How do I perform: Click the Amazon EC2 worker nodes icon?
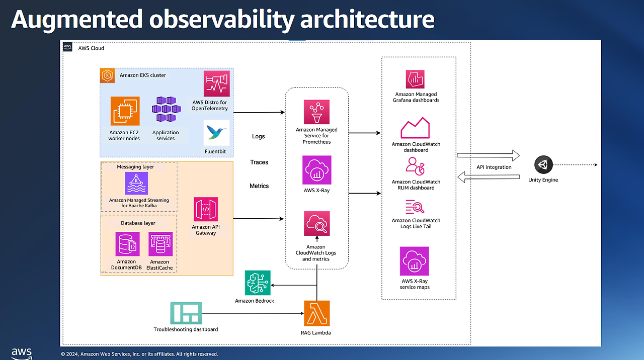125,111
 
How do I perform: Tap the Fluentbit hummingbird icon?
217,133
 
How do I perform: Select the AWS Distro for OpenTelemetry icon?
217,83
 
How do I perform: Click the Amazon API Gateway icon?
206,209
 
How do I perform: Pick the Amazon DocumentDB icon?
127,245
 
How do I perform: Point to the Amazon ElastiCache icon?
160,245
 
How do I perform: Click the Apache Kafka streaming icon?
136,183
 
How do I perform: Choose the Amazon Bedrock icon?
258,283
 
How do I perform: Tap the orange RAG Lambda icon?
317,314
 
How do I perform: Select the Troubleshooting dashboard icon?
186,313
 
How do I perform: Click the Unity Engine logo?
543,164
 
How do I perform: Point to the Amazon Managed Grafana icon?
416,79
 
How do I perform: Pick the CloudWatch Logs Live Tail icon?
416,207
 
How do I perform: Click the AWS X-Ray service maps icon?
415,261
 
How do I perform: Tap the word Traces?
259,162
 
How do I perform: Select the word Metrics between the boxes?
259,186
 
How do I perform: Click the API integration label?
494,167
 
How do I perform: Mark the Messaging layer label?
136,167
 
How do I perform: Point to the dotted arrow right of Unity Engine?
579,165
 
